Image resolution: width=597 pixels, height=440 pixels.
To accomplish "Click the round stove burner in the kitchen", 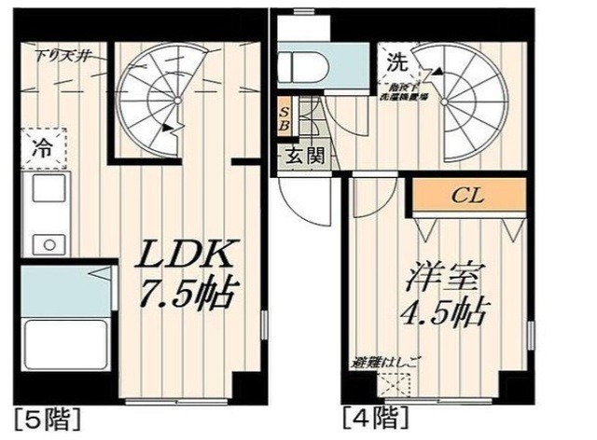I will pyautogui.click(x=43, y=243).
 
